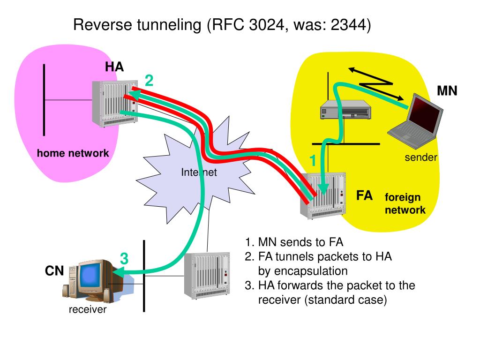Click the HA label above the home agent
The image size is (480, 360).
pos(114,67)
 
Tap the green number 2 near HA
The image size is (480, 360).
pos(149,81)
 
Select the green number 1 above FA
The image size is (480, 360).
pos(313,160)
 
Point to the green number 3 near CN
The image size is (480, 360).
pos(124,258)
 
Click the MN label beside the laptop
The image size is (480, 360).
pos(447,90)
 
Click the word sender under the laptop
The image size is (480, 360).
pos(421,157)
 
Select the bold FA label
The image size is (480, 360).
pos(364,195)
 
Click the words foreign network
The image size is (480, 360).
pos(405,203)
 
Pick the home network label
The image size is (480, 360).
pos(73,153)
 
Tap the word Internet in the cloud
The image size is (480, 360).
pos(199,172)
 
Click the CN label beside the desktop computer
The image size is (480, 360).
pos(54,270)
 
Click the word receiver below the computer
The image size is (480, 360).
pos(88,309)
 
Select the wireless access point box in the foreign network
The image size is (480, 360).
pos(345,109)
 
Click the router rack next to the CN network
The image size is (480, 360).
pos(207,276)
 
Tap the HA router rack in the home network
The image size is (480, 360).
pos(115,104)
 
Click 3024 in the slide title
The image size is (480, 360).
pos(267,24)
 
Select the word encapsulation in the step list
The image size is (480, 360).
pos(310,271)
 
